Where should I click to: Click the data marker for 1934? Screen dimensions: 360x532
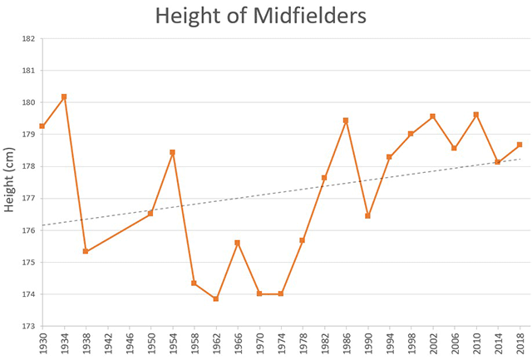click(x=64, y=97)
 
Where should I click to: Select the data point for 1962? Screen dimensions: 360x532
click(x=216, y=298)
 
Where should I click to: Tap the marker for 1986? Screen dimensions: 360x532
click(x=346, y=121)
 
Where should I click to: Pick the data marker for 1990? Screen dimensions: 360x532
click(x=367, y=216)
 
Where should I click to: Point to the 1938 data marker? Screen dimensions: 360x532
click(x=86, y=251)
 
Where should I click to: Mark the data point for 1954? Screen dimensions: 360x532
click(x=172, y=152)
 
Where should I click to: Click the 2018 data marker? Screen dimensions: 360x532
click(x=520, y=145)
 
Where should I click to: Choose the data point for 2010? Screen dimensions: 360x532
click(x=476, y=115)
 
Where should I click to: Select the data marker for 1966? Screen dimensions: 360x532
click(x=238, y=243)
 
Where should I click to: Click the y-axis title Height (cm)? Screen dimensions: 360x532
click(x=12, y=182)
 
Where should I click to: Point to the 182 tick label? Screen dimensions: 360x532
click(x=27, y=39)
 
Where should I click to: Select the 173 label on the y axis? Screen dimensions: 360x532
click(x=27, y=326)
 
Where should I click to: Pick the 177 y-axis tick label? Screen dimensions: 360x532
click(x=27, y=199)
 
